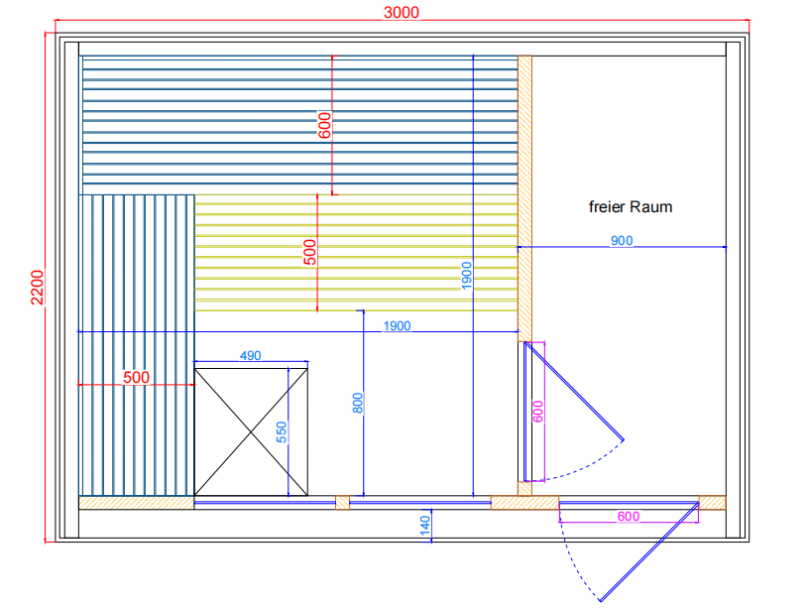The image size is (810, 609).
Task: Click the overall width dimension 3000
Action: (402, 12)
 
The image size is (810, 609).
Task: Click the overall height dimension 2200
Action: (37, 289)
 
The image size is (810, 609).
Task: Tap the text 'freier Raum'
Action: (630, 207)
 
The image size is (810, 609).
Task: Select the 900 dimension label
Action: (621, 240)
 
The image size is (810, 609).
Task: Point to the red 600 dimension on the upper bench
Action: (324, 125)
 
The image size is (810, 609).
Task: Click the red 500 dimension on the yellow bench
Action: (309, 252)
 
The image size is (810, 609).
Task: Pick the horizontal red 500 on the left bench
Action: (136, 377)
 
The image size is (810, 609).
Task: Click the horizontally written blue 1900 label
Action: (395, 325)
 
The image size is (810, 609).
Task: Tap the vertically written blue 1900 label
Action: (467, 276)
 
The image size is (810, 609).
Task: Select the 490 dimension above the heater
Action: (250, 355)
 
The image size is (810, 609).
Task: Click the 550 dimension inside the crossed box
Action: (281, 431)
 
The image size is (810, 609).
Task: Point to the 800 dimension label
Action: (358, 402)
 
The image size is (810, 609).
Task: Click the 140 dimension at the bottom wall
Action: (425, 527)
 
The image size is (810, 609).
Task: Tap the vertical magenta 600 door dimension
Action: (538, 412)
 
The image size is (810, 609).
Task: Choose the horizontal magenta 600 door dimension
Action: (628, 517)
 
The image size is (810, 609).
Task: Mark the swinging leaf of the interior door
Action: (575, 391)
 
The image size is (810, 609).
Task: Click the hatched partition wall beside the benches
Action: (525, 198)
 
